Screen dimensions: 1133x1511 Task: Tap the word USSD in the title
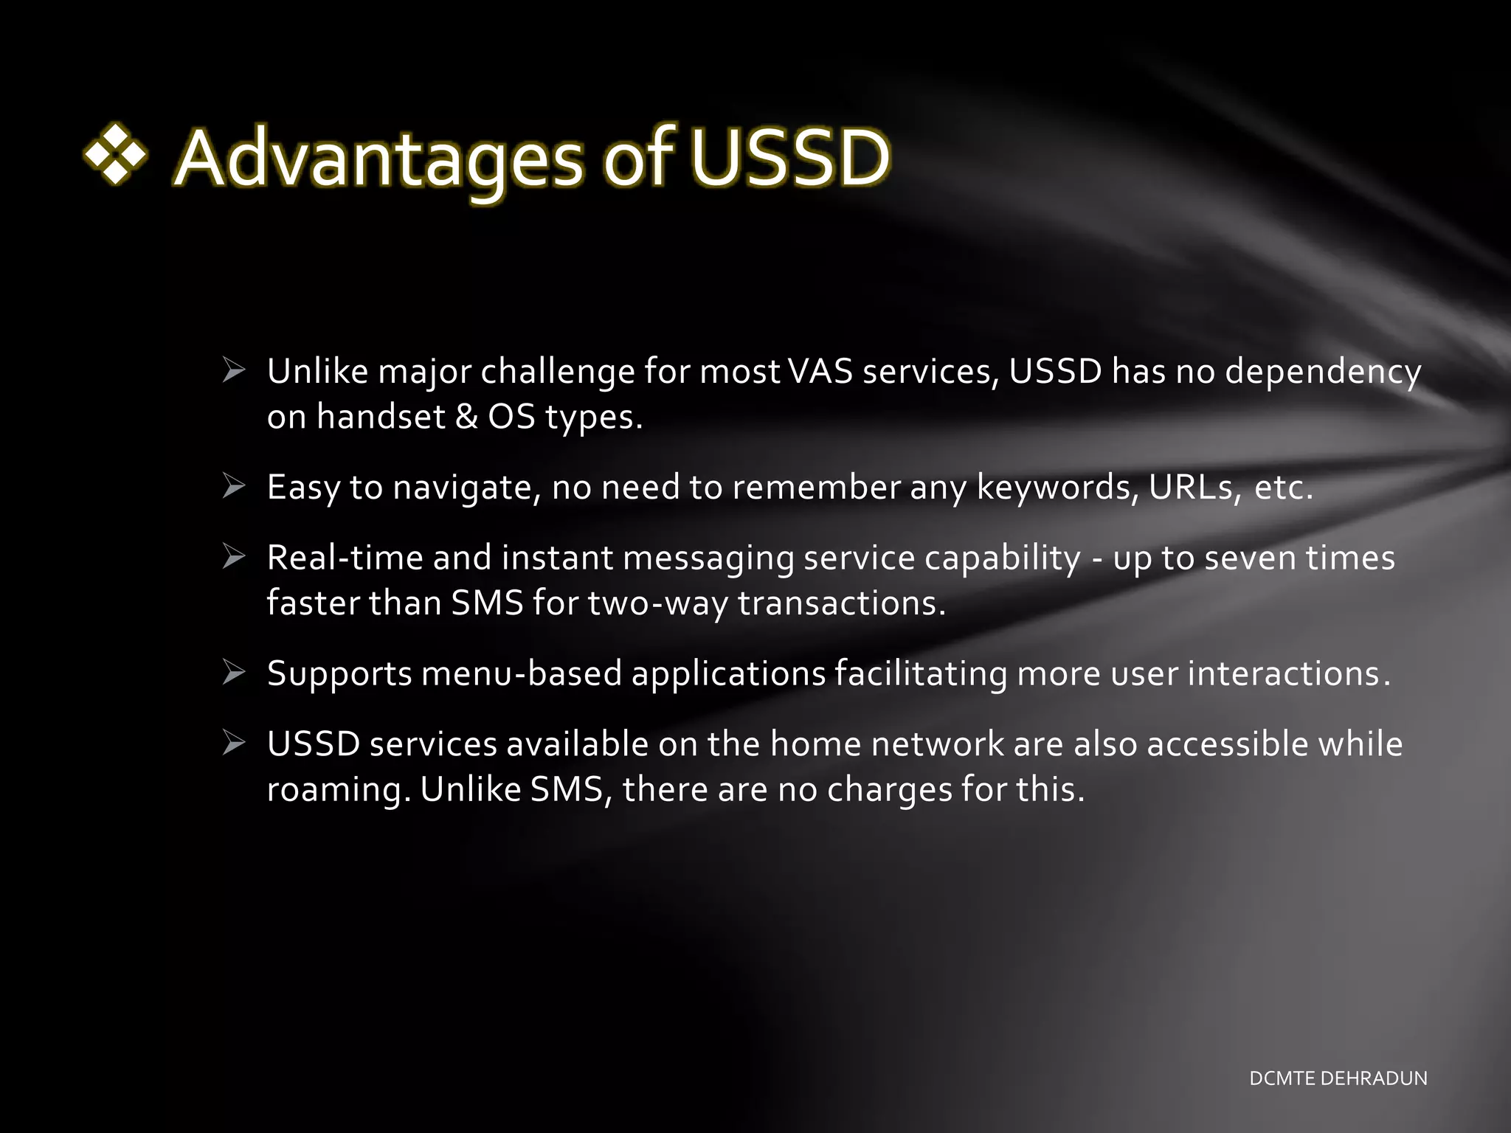790,157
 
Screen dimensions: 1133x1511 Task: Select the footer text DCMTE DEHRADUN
1338,1078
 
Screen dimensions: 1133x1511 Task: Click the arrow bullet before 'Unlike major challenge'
234,370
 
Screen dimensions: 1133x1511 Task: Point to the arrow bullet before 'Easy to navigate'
234,486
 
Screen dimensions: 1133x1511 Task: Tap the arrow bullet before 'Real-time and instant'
234,557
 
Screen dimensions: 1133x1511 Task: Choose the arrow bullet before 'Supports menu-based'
234,673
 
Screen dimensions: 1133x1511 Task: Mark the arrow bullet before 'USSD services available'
234,743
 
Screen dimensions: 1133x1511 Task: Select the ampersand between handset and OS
466,417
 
